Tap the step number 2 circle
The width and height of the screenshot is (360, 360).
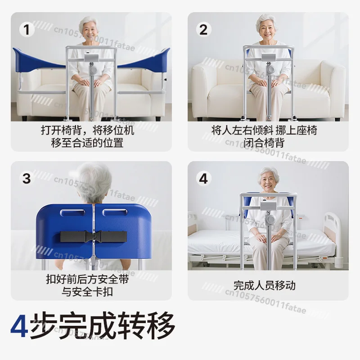coord(203,30)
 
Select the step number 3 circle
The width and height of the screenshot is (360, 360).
coord(27,178)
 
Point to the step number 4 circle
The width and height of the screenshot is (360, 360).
coord(203,178)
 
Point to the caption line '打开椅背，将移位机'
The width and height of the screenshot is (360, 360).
coord(90,131)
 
